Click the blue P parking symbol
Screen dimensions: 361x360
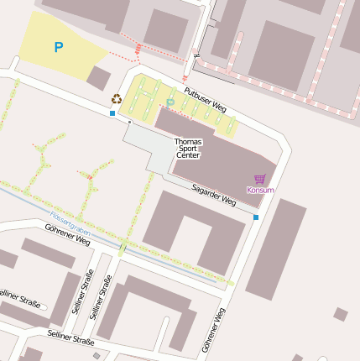point(58,48)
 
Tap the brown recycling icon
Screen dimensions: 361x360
point(116,98)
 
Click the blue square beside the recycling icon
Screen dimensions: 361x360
point(112,112)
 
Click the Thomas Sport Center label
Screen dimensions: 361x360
point(188,149)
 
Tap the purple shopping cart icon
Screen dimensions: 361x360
point(260,179)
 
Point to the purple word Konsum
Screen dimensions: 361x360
point(260,190)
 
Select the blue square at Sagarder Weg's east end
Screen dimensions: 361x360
point(256,217)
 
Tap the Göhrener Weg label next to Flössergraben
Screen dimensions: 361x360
point(67,234)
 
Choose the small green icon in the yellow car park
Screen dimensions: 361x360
point(170,102)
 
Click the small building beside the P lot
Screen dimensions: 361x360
point(98,79)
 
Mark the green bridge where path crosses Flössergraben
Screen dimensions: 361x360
point(123,246)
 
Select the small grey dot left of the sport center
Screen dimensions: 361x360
point(130,121)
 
